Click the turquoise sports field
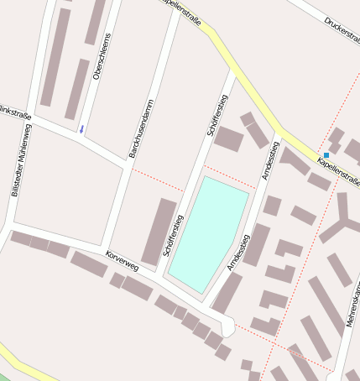click(x=208, y=233)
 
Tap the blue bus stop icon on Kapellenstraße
click(x=326, y=155)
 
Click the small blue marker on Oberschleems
click(x=81, y=129)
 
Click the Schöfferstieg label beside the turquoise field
click(x=173, y=236)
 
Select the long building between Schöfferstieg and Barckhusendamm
click(x=159, y=232)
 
